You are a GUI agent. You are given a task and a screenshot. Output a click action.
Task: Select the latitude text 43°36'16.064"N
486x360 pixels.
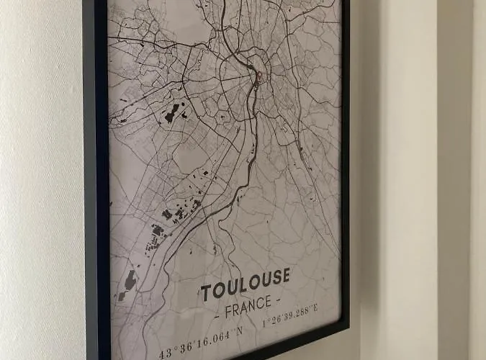(x=200, y=333)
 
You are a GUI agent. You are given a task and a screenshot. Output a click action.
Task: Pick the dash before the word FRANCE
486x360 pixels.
(x=217, y=317)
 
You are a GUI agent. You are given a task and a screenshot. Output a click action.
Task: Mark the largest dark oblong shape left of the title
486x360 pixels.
(x=130, y=280)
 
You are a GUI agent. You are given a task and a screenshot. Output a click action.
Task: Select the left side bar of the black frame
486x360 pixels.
(x=95, y=180)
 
